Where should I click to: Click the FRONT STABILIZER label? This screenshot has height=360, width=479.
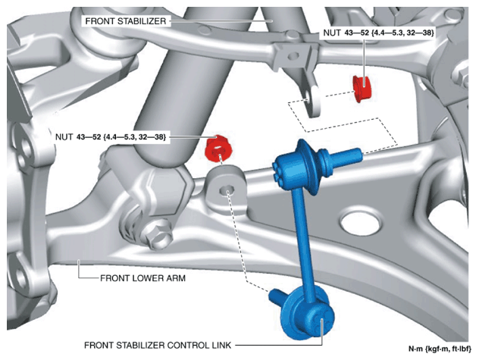(x=126, y=21)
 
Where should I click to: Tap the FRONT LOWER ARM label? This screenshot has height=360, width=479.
(x=142, y=278)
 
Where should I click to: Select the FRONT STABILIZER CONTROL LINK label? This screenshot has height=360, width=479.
(x=158, y=346)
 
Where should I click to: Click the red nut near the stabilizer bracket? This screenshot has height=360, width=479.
(x=362, y=89)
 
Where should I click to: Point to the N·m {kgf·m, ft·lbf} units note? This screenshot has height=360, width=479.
(x=440, y=349)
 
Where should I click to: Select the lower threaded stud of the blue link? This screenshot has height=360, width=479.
(x=277, y=296)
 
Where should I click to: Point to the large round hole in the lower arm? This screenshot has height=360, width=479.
(x=361, y=222)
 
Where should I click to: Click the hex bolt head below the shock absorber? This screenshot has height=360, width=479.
(x=157, y=233)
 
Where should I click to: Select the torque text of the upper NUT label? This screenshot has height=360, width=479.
(x=389, y=33)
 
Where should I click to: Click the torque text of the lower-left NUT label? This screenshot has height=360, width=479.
(x=121, y=137)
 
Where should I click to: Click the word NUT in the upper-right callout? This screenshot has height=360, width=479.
(x=332, y=33)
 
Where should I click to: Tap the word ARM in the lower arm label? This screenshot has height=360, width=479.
(x=176, y=278)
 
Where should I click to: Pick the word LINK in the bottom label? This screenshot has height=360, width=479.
(x=221, y=346)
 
